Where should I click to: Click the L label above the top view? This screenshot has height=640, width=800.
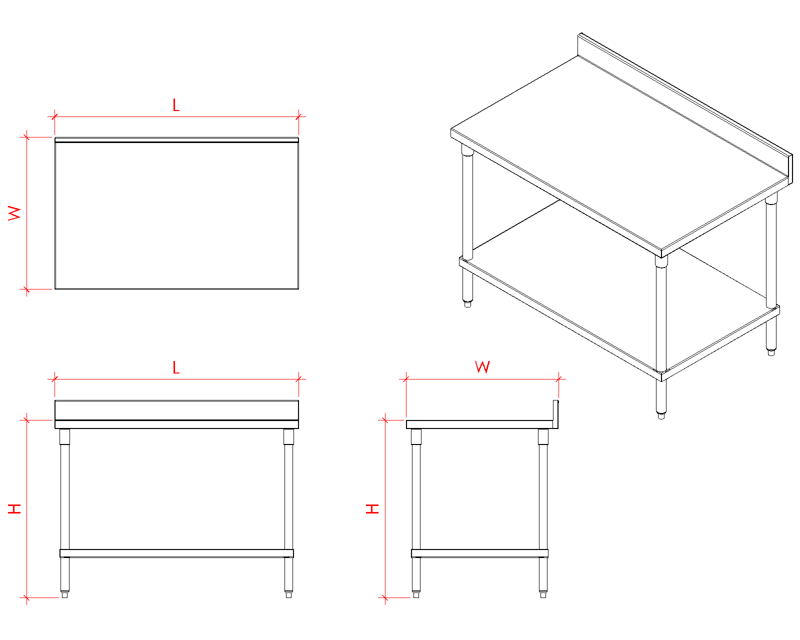click(176, 105)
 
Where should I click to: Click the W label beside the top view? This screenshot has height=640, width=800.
click(14, 213)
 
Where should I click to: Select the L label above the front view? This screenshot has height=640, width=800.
click(176, 367)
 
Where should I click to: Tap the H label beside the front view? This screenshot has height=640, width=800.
click(14, 508)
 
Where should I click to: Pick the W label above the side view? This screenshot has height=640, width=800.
click(482, 366)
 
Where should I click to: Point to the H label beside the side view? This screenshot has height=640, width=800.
click(372, 508)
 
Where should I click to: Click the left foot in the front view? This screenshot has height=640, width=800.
click(64, 594)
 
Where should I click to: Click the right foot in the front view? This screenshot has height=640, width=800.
click(288, 594)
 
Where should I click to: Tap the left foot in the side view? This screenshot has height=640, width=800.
click(416, 594)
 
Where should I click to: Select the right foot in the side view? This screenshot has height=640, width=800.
click(543, 594)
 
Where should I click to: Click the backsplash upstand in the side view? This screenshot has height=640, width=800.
click(555, 414)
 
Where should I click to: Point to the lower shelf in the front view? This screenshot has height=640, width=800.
click(176, 553)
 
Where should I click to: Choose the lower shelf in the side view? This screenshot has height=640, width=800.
click(479, 553)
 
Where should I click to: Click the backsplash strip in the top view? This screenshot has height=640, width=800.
click(176, 140)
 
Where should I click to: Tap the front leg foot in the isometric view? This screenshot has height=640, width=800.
click(661, 415)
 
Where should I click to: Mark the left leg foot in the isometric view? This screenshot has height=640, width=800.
click(467, 303)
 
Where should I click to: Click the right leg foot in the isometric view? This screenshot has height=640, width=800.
click(771, 352)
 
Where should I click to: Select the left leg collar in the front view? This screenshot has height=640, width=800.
click(64, 436)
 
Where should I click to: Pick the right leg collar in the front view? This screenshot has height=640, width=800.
click(288, 436)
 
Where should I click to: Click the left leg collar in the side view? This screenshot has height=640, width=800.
click(416, 436)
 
